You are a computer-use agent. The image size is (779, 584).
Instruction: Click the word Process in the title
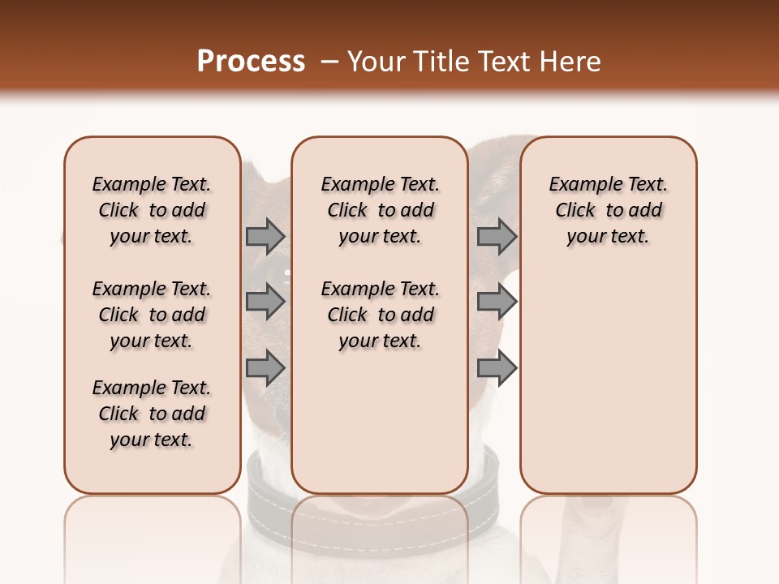(251, 62)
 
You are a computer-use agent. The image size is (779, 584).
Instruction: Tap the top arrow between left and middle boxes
(265, 236)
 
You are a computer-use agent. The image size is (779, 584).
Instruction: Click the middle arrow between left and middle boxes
(265, 302)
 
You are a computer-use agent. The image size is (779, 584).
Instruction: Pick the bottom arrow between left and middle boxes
(265, 367)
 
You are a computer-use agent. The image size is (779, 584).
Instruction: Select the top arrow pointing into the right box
(497, 236)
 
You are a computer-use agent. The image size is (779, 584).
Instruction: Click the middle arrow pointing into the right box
(497, 302)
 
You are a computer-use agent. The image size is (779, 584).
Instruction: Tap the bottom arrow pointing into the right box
(497, 367)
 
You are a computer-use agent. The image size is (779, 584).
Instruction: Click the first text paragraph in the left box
(152, 210)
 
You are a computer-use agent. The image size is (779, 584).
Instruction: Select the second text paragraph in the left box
(152, 315)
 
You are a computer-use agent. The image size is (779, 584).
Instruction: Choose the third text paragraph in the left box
(152, 414)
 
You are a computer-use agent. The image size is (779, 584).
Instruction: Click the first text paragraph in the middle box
(380, 210)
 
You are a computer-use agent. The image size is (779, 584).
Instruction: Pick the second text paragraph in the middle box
(380, 315)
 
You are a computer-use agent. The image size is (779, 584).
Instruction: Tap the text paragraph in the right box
(608, 210)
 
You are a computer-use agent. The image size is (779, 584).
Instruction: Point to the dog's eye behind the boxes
(286, 273)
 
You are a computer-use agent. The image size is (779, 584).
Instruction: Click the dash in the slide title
(329, 62)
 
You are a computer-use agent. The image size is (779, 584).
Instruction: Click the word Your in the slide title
(376, 62)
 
